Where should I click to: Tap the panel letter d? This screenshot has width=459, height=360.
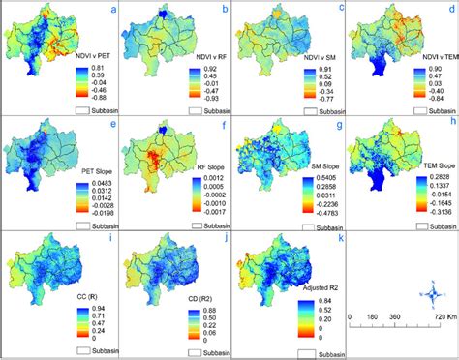click(x=449, y=11)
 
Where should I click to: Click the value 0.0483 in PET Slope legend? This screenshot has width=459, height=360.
click(x=98, y=183)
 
